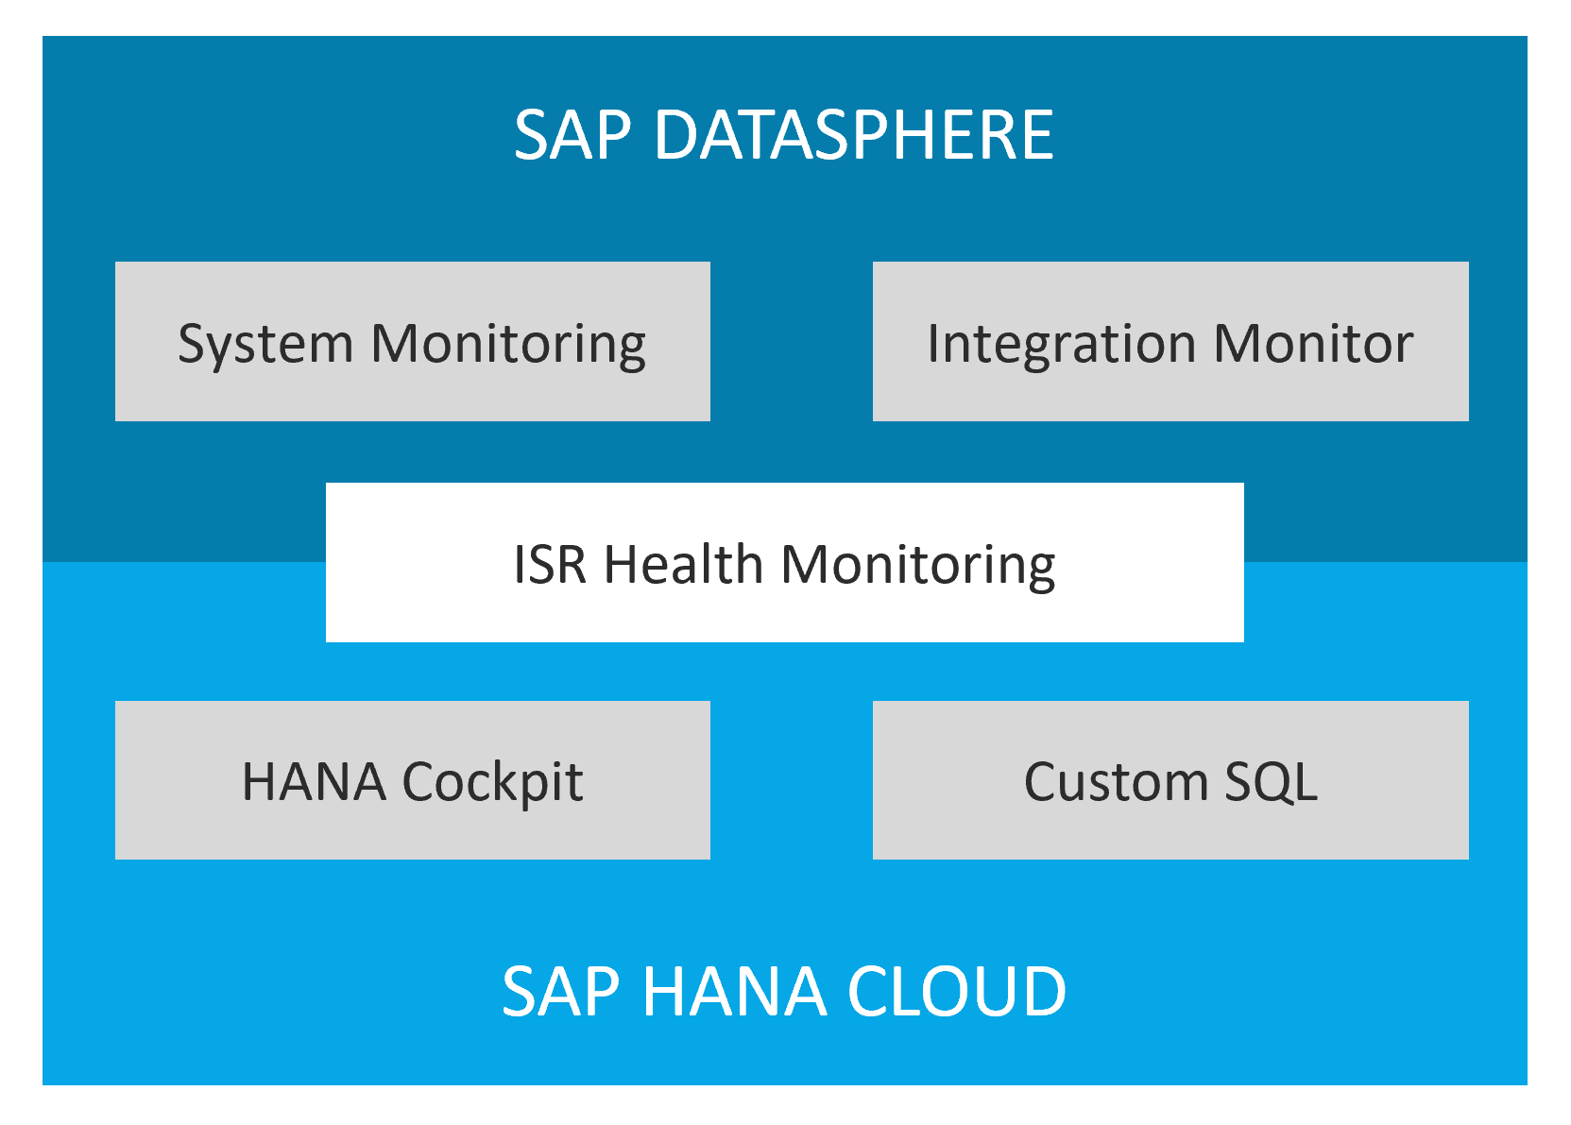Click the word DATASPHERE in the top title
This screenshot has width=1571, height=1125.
click(854, 135)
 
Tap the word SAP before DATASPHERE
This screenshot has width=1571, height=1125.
click(573, 135)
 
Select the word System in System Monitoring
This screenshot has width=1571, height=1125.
click(265, 346)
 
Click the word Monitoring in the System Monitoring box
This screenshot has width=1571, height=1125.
click(508, 346)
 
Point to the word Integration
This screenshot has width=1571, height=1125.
click(1062, 346)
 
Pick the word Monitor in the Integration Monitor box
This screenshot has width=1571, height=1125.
click(1314, 344)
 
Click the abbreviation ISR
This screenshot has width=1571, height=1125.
click(550, 565)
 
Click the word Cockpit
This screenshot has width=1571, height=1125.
click(492, 783)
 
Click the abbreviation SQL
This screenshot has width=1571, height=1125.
click(1272, 782)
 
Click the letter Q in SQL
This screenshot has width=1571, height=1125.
click(1273, 783)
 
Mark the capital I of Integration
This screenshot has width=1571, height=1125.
click(931, 344)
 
